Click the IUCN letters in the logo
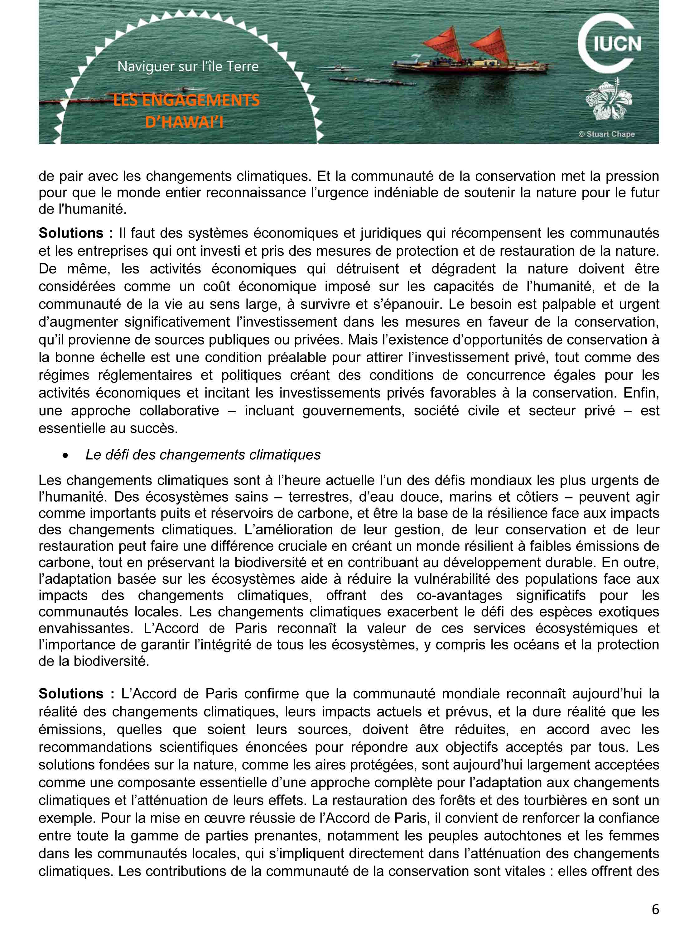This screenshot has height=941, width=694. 617,44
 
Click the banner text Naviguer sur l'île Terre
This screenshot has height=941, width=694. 188,66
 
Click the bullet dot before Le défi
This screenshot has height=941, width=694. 65,455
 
